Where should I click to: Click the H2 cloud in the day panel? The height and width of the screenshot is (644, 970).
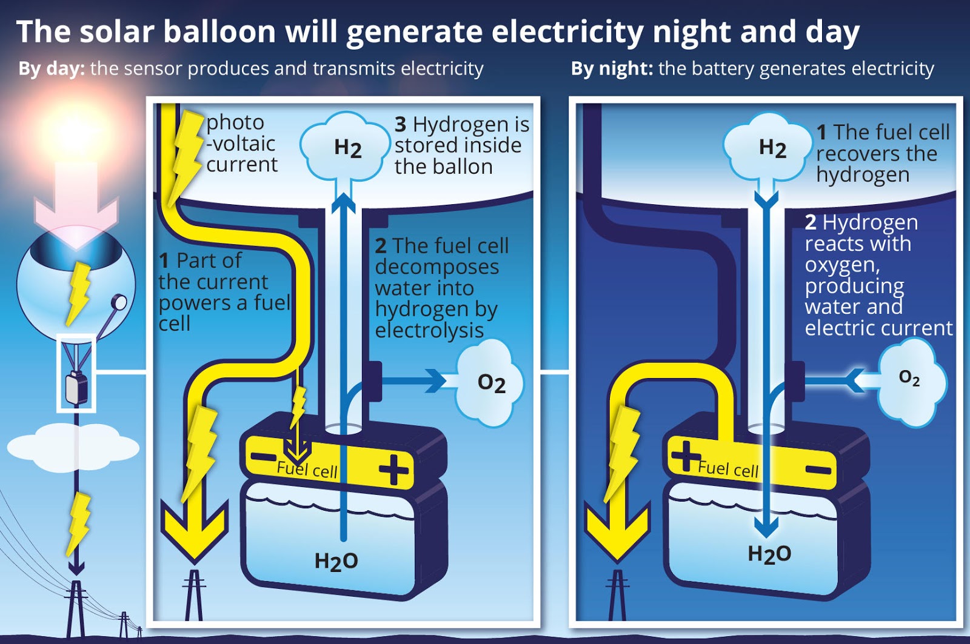[346, 147]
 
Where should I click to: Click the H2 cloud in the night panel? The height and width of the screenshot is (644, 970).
[769, 148]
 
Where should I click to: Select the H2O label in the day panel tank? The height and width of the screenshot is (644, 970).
[336, 561]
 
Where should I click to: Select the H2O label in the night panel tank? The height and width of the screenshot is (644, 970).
[769, 553]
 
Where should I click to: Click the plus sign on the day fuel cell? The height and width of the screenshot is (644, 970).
[393, 469]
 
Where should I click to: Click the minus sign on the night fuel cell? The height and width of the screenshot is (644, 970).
[818, 470]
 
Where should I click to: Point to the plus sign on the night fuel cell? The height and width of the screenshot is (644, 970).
[686, 455]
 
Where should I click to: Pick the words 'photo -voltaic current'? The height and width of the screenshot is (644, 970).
[241, 144]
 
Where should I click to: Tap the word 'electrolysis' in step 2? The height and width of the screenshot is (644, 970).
[429, 331]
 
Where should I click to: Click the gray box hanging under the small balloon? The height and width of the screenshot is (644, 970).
[76, 388]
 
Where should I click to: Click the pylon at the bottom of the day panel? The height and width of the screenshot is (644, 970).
[194, 597]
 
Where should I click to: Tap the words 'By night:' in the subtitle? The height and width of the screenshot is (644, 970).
[611, 68]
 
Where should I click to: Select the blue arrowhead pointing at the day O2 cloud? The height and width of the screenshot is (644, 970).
[436, 381]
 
